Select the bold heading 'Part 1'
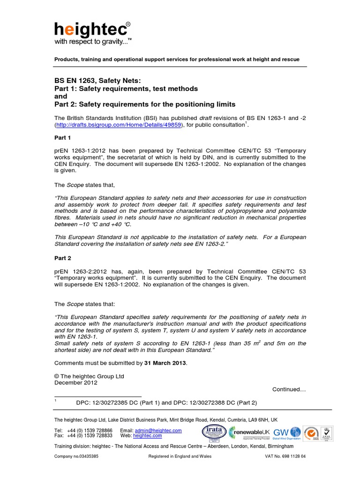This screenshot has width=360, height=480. tap(63, 138)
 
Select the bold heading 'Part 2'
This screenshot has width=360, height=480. tap(63, 258)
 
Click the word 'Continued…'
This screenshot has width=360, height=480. tap(289, 390)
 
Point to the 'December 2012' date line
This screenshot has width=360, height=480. tap(76, 382)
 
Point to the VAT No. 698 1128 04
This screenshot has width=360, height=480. tap(284, 457)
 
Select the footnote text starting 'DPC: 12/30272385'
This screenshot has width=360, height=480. tap(166, 403)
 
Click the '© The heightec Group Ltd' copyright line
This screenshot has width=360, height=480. tap(89, 376)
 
